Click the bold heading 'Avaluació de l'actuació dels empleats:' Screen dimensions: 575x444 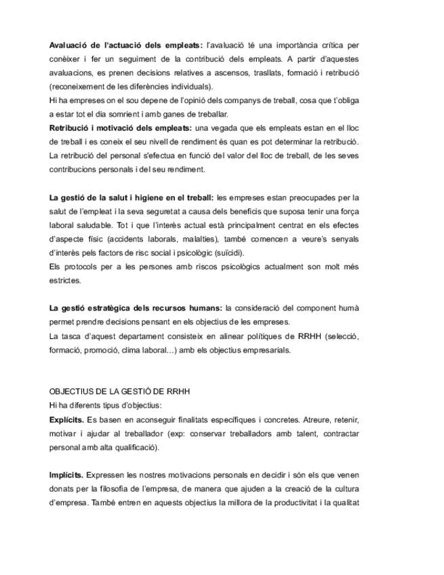click(x=126, y=45)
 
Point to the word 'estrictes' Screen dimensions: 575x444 click(x=65, y=279)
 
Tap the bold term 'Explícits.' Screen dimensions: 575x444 click(x=67, y=420)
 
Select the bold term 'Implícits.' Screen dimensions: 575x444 click(x=66, y=475)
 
